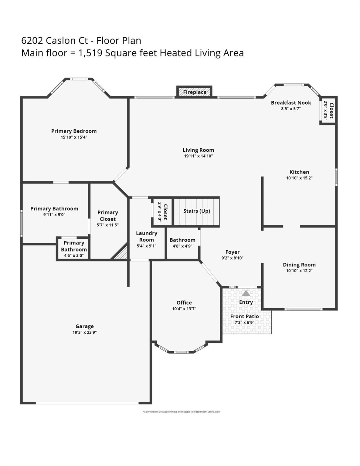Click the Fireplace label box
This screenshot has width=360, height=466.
pos(195,92)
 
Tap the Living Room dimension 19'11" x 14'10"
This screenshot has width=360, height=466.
pos(199,156)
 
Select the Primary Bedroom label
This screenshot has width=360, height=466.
pos(74,131)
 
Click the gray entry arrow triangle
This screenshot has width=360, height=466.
pos(246,293)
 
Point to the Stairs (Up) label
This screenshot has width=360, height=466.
pos(197,211)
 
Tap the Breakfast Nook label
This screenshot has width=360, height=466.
pos(291,103)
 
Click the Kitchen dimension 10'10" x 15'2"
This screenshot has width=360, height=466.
pos(299,178)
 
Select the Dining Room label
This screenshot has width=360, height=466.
pos(299,265)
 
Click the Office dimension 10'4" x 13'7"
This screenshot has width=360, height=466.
pos(184,309)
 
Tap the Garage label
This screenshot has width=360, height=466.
pos(84,326)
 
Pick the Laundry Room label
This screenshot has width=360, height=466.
pos(146,236)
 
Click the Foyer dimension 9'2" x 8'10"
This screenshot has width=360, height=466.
pos(232,258)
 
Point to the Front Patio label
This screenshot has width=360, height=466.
pos(244,316)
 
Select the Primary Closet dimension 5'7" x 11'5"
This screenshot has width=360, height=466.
pos(107,225)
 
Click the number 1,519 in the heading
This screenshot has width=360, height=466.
pos(88,53)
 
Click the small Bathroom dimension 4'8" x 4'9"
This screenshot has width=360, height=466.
pos(182,246)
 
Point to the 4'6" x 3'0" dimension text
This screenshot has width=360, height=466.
pos(74,256)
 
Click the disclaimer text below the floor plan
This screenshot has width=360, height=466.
pos(181,412)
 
